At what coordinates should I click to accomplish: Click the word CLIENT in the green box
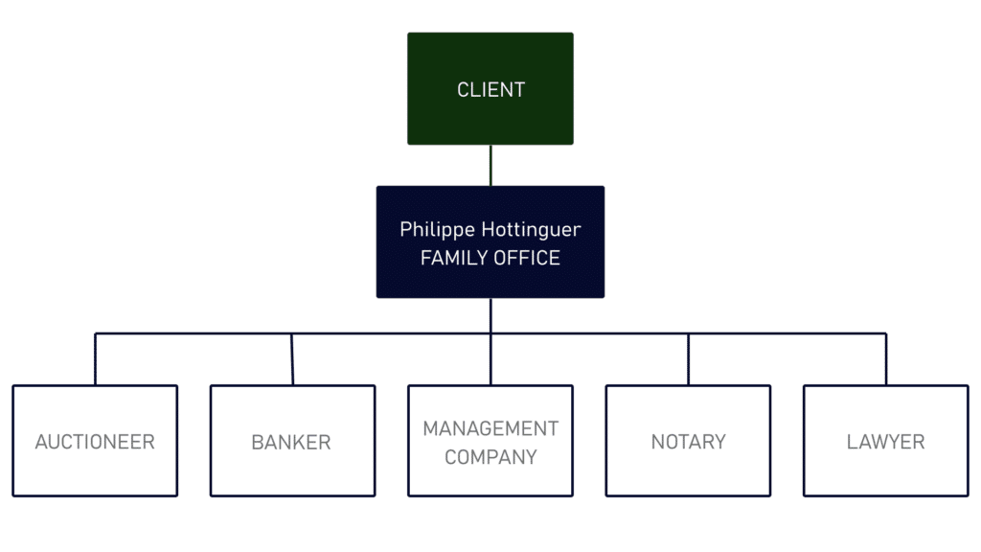490,90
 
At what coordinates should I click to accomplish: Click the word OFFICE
526,258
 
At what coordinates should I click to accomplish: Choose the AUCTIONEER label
95,442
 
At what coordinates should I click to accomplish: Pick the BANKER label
291,443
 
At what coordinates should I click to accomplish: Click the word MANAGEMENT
490,428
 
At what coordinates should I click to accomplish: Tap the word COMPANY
490,457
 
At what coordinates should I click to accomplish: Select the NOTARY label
688,442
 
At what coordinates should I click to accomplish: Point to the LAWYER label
885,442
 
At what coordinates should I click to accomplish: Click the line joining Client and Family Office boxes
490,165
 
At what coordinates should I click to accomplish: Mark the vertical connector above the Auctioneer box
95,359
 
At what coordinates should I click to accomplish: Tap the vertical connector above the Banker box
292,359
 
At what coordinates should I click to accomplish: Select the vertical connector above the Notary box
688,359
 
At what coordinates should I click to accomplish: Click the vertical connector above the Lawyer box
885,359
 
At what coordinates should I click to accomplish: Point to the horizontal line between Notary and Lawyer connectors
786,333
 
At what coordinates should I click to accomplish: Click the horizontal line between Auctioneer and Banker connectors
192,333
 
